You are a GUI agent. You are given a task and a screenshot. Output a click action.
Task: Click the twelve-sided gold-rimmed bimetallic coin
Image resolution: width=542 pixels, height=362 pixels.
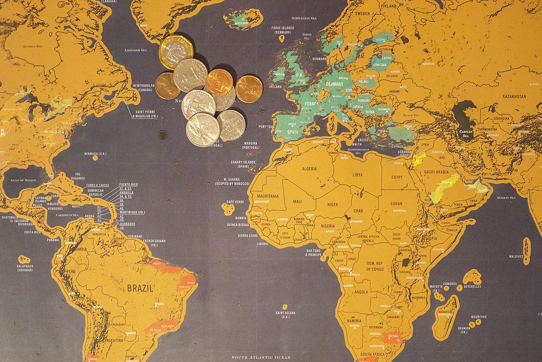pos(176,51)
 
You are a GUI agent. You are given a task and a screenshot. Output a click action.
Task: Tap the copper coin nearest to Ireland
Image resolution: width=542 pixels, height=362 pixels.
pos(249,89)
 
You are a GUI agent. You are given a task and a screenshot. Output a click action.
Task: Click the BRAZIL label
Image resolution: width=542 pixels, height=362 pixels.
pos(140,288)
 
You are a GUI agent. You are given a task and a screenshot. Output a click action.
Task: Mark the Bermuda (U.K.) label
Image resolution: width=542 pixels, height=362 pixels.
pos(95,154)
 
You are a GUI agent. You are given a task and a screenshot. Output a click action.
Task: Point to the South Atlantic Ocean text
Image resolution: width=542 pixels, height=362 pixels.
pos(262,357)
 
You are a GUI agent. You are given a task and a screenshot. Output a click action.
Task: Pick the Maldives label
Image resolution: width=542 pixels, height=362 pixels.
pos(516,257)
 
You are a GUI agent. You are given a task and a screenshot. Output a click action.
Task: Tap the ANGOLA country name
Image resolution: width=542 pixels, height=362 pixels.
pos(361,292)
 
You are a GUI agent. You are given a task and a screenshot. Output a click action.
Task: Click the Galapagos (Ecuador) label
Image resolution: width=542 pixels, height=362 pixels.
pos(25,268)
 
